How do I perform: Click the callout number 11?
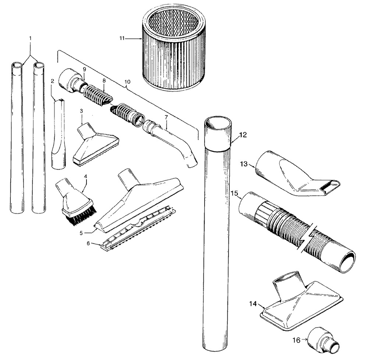point(122,38)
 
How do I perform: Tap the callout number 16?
point(297,340)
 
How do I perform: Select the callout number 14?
point(253,304)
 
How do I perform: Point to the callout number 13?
point(244,164)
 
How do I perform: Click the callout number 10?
point(127,82)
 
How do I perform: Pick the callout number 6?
point(88,243)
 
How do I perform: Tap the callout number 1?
point(30,38)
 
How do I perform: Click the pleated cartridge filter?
point(173,50)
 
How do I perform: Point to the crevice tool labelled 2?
point(59,134)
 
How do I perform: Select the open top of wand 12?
point(218,123)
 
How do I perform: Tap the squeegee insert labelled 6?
point(138,227)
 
